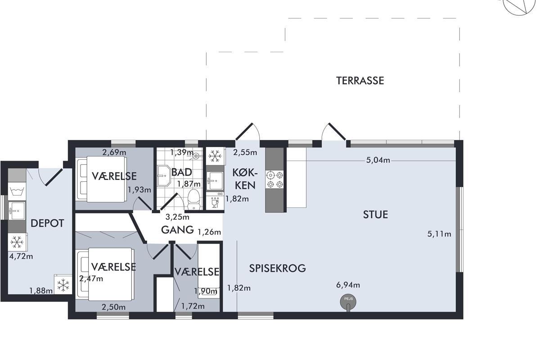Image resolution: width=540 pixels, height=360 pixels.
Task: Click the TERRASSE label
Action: pyautogui.click(x=360, y=81)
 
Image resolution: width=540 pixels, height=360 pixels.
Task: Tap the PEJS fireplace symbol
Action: pyautogui.click(x=348, y=302)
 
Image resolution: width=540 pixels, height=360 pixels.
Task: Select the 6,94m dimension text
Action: pyautogui.click(x=348, y=285)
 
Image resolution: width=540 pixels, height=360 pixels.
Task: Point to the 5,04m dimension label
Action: pyautogui.click(x=378, y=160)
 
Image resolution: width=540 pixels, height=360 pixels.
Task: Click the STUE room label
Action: pyautogui.click(x=375, y=215)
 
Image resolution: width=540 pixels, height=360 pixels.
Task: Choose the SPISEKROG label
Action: pyautogui.click(x=278, y=268)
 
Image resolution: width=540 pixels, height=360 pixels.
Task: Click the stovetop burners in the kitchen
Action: pyautogui.click(x=275, y=180)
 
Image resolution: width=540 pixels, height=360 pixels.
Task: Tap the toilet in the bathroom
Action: pyautogui.click(x=193, y=199)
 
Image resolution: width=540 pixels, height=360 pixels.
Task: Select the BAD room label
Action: pyautogui.click(x=181, y=172)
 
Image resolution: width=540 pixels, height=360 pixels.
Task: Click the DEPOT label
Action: pyautogui.click(x=47, y=223)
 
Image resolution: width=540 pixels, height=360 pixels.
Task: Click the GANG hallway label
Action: pyautogui.click(x=177, y=230)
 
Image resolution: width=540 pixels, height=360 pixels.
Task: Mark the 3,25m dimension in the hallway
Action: pyautogui.click(x=177, y=217)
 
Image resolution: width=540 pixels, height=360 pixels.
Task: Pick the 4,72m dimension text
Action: pyautogui.click(x=21, y=256)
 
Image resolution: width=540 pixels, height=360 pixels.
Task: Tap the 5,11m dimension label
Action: pyautogui.click(x=439, y=234)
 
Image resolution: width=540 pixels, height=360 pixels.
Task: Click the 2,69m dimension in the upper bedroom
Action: pyautogui.click(x=114, y=153)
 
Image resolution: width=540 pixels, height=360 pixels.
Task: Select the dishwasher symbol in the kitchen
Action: pyautogui.click(x=215, y=202)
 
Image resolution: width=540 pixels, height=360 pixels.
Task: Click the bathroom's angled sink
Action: pyautogui.click(x=164, y=176)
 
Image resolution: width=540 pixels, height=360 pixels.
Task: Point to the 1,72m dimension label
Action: pyautogui.click(x=193, y=306)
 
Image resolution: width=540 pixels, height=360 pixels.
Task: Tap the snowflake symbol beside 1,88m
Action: pyautogui.click(x=63, y=285)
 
